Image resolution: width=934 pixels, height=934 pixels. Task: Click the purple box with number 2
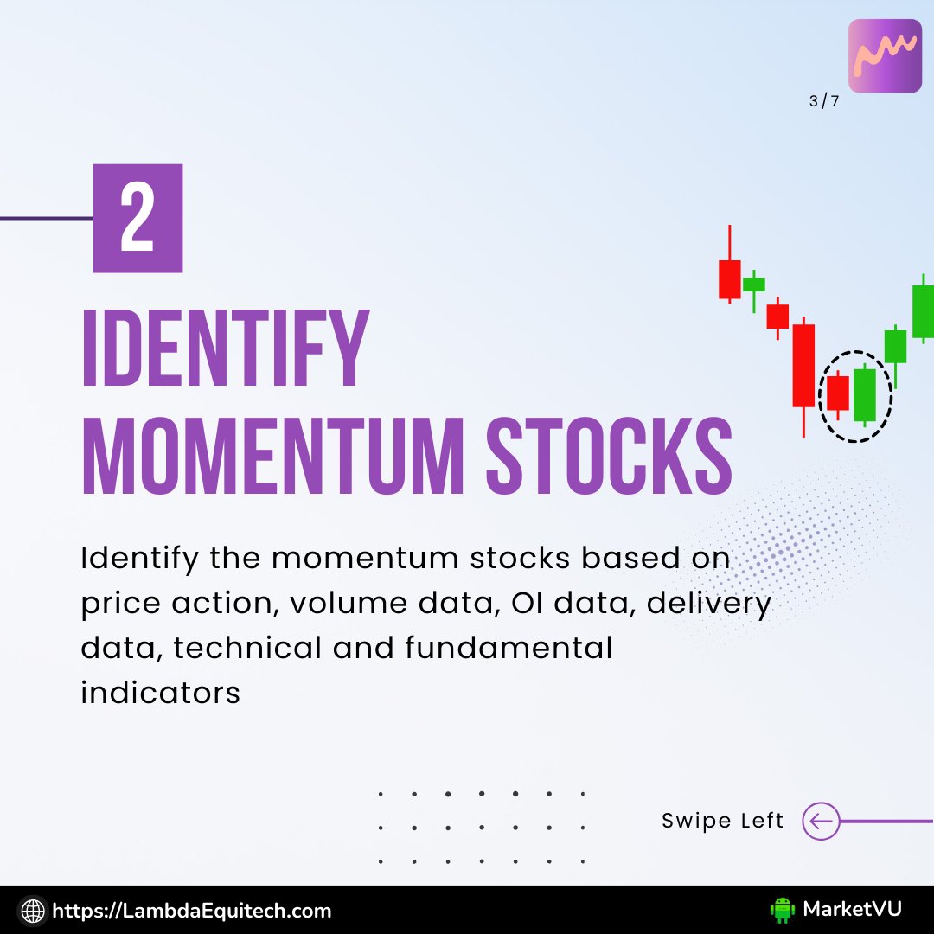tap(138, 218)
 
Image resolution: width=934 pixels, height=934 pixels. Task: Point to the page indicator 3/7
tap(823, 101)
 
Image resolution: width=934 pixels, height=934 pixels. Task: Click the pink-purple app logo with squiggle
tap(885, 55)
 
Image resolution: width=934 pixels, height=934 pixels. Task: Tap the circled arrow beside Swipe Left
tap(821, 821)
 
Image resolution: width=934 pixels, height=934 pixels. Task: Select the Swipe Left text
tap(722, 821)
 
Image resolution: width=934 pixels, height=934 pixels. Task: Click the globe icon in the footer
tap(33, 910)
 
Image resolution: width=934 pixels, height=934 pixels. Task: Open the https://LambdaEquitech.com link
tap(192, 910)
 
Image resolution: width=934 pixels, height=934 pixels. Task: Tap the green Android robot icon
tap(782, 909)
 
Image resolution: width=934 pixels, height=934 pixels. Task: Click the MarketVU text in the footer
tap(852, 909)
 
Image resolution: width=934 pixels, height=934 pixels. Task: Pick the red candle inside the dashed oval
tap(837, 393)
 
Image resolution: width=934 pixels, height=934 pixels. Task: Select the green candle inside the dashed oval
tap(865, 395)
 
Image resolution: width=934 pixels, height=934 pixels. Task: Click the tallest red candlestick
tap(803, 365)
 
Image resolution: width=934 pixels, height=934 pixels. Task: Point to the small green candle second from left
tap(754, 285)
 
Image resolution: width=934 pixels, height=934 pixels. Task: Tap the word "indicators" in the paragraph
tap(160, 693)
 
